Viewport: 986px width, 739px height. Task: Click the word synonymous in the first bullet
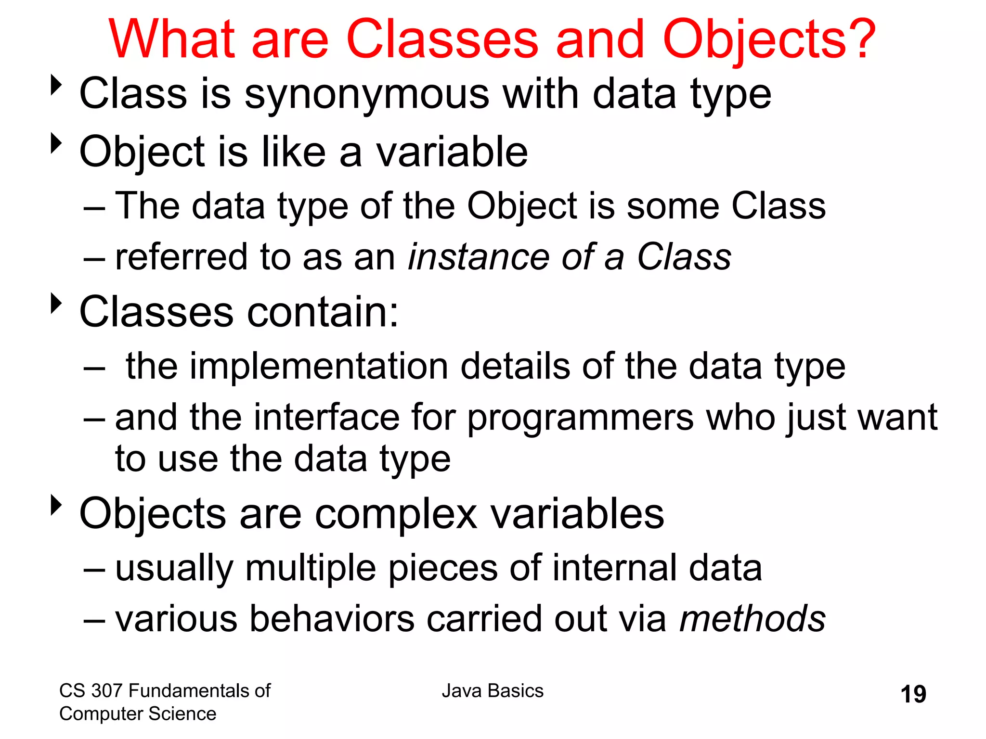coord(367,94)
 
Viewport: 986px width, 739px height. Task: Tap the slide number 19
coord(913,694)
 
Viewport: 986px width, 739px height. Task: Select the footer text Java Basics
coord(493,691)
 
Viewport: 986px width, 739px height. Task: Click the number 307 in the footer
coord(106,691)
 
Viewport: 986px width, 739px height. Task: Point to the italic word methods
coord(752,619)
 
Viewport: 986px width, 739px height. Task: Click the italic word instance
coord(478,257)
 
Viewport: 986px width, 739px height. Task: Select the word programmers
coord(580,418)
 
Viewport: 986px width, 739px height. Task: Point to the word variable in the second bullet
coord(452,152)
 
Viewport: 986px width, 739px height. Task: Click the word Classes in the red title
coord(441,39)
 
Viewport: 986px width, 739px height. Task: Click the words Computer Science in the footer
coord(138,714)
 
